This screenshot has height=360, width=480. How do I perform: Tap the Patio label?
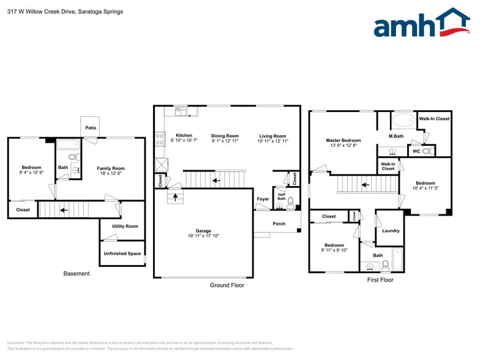[91, 128]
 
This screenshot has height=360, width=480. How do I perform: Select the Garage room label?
[203, 231]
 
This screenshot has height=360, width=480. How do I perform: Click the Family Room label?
[111, 168]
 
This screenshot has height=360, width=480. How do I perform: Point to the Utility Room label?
[125, 226]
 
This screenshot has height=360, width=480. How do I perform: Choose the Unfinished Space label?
[122, 253]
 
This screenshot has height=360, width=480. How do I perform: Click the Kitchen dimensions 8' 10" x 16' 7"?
[184, 141]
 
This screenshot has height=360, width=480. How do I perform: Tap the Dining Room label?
[225, 136]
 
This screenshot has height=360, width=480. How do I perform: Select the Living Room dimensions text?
[272, 141]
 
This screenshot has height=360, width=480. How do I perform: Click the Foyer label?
[263, 199]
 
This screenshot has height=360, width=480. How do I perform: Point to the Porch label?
[279, 223]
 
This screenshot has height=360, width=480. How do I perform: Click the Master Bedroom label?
[343, 140]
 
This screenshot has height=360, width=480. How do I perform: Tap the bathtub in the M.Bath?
[403, 119]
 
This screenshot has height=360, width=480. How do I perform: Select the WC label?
[416, 151]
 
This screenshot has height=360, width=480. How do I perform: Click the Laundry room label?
[391, 231]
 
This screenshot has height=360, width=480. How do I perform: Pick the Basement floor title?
[77, 274]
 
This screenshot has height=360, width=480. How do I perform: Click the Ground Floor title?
[227, 285]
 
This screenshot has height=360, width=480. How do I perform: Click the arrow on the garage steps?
[176, 197]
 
